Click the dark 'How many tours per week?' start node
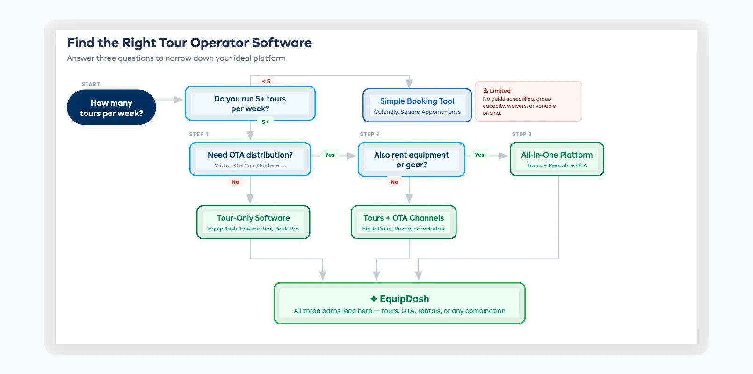(111, 108)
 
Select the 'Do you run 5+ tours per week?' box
(250, 103)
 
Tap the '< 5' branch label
(266, 81)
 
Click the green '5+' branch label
(265, 122)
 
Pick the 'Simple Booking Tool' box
(417, 106)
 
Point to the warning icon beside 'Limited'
(485, 91)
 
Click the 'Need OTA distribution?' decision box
(250, 159)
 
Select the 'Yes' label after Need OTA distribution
(330, 155)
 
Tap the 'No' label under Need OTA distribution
(235, 182)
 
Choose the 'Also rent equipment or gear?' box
(411, 159)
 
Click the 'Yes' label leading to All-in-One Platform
(479, 155)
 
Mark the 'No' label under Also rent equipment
(394, 182)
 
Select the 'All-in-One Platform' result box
(557, 159)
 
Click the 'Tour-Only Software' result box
(253, 222)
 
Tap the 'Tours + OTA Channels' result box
(403, 222)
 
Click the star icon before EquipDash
(374, 299)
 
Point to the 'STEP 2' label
(369, 134)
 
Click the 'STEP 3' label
(521, 134)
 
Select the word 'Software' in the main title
(282, 43)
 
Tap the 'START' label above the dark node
(91, 84)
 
